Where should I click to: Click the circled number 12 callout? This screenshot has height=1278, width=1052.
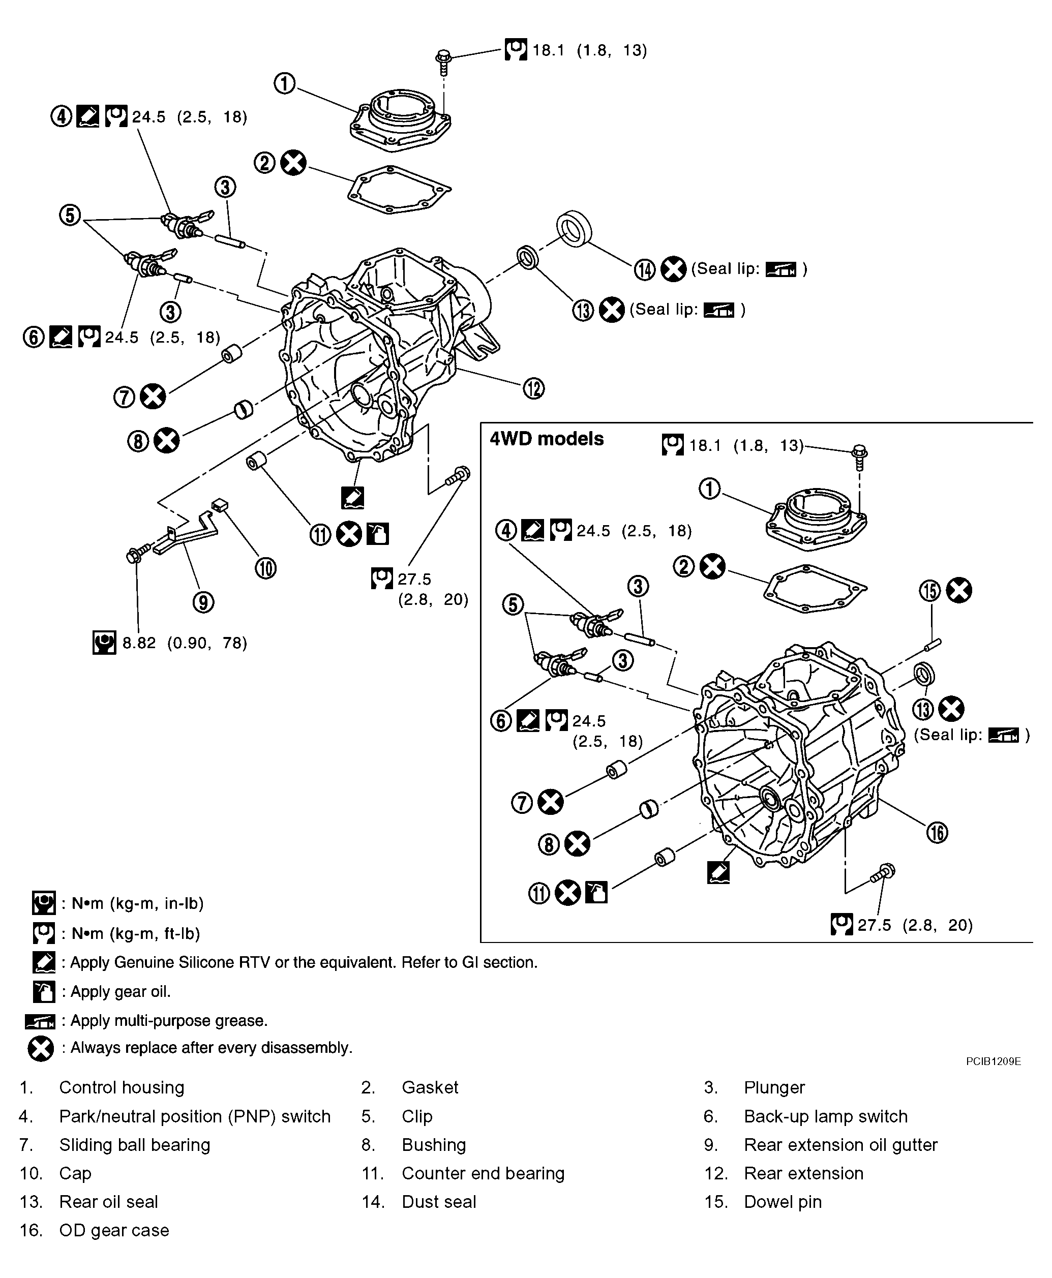click(533, 388)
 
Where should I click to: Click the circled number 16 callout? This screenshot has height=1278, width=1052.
click(937, 832)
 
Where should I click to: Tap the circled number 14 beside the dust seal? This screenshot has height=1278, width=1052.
click(645, 269)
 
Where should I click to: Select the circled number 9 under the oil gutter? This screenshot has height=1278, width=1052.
click(203, 602)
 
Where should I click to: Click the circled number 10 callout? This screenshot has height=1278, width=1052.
click(265, 568)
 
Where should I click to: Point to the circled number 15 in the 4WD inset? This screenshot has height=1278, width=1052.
click(930, 590)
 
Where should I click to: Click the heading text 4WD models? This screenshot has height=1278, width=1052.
click(546, 439)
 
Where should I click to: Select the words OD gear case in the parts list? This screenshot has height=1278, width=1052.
click(114, 1230)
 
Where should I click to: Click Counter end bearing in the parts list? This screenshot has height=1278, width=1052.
click(483, 1173)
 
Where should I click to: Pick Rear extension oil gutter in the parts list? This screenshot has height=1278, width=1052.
click(840, 1145)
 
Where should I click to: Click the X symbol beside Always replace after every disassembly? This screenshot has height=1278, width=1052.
click(41, 1048)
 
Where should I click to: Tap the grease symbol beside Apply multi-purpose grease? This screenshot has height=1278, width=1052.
click(40, 1022)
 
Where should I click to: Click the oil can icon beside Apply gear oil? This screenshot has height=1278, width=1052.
click(44, 992)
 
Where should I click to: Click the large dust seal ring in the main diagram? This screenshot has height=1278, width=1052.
click(574, 228)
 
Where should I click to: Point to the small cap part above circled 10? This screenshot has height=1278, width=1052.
click(219, 504)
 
